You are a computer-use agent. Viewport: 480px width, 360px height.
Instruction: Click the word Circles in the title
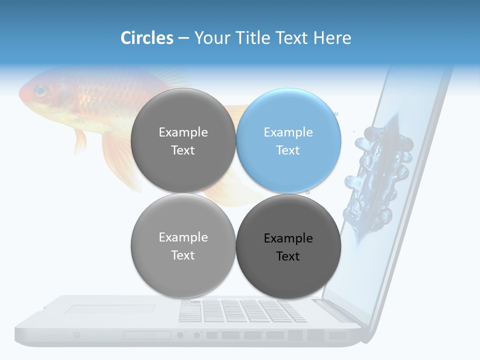[x=146, y=38]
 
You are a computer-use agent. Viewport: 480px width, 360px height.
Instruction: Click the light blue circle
[x=288, y=140]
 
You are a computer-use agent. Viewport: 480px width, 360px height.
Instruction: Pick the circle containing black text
[x=288, y=246]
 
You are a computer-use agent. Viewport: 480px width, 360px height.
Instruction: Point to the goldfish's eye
[x=40, y=91]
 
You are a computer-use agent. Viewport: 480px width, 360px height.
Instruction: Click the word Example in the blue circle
[x=288, y=132]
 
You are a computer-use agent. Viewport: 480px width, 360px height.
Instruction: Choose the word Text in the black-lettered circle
[x=288, y=256]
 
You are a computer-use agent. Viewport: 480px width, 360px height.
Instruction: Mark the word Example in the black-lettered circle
[x=288, y=238]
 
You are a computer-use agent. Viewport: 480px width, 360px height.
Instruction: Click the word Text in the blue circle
[x=288, y=150]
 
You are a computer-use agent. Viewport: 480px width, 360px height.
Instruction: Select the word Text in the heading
[x=293, y=38]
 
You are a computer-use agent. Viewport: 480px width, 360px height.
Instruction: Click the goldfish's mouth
[x=21, y=95]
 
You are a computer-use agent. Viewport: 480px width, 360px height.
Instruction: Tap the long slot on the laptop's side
[x=147, y=335]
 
